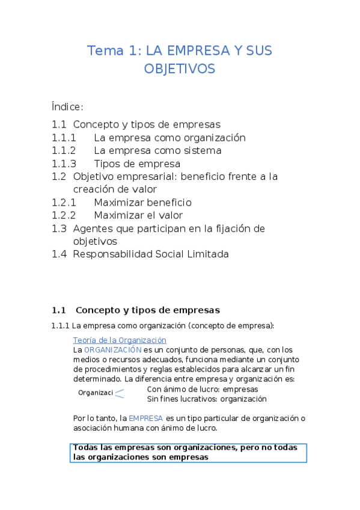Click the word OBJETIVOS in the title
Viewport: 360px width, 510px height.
click(x=179, y=69)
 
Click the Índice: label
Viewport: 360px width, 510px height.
click(x=67, y=107)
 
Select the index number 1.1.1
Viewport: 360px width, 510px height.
click(x=64, y=138)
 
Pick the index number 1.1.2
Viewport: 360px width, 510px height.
click(x=64, y=150)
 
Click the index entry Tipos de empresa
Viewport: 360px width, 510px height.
click(x=137, y=164)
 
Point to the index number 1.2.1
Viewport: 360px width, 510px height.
click(x=64, y=203)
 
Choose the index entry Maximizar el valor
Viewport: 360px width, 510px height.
click(x=138, y=215)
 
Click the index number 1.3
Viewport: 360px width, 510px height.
click(x=58, y=229)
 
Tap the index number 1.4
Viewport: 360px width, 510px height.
click(x=58, y=254)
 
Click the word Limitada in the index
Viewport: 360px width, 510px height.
click(x=207, y=254)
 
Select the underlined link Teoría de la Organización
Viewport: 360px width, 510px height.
click(x=120, y=340)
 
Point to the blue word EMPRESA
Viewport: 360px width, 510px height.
click(x=146, y=418)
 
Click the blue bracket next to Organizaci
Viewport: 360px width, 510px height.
click(x=120, y=393)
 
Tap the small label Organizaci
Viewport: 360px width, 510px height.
click(x=95, y=393)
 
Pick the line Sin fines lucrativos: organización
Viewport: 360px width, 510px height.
click(x=207, y=398)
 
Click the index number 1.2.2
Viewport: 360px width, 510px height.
click(x=64, y=215)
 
